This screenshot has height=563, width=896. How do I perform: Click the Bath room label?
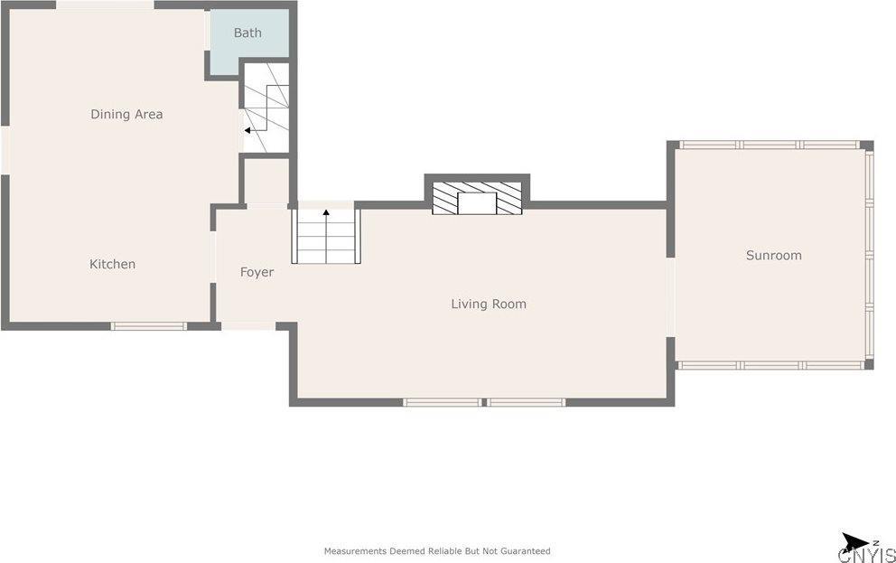click(247, 33)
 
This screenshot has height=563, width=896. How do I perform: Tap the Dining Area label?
click(126, 114)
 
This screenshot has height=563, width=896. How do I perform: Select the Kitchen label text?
click(112, 264)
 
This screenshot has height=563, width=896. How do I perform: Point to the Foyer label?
click(257, 272)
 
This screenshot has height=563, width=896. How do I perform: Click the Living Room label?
click(488, 304)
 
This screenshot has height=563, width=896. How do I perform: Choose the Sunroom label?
click(773, 255)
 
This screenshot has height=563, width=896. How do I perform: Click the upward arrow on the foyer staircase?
click(325, 213)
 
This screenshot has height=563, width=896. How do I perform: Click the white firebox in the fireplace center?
click(477, 203)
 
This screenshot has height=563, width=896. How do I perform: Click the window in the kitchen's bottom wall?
click(149, 326)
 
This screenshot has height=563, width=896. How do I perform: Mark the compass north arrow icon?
click(854, 541)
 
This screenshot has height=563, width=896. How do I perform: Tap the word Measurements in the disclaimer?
click(353, 550)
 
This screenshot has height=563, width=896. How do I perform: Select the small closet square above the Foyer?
click(267, 181)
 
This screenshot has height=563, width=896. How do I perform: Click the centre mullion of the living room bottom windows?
click(484, 402)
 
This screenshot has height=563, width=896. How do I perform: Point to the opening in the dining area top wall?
click(105, 5)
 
